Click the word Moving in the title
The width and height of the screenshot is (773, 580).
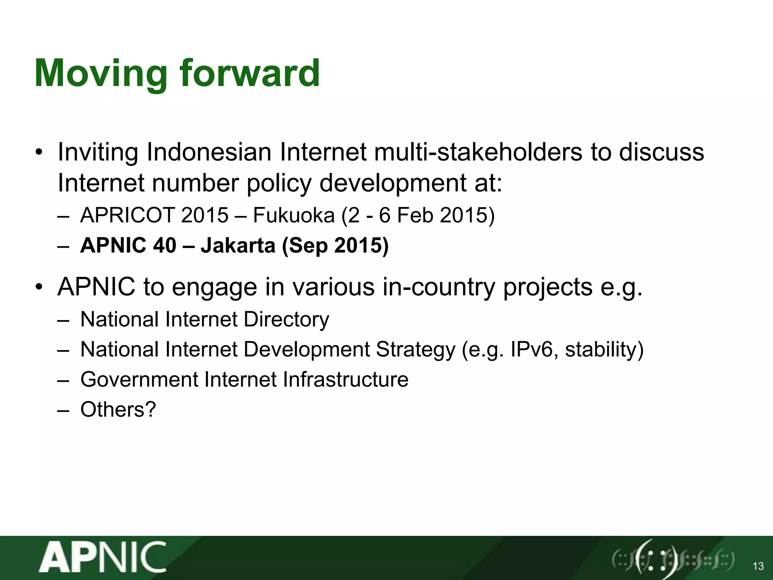[x=100, y=74]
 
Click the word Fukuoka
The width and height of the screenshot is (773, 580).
[x=294, y=215]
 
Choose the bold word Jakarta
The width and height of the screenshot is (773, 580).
[x=238, y=245]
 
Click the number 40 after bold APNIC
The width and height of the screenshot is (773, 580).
[x=165, y=245]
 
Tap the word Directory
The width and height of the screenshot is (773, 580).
[x=286, y=320]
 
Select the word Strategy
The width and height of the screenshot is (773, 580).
[x=416, y=350]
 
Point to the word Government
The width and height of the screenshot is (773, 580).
[x=139, y=379]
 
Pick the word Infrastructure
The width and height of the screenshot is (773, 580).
[x=345, y=379]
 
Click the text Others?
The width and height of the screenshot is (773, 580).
[x=118, y=409]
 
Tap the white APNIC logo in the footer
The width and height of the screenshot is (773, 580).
[x=103, y=558]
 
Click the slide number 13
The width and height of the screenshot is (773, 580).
[x=758, y=566]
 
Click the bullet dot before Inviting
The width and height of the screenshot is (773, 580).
[x=38, y=153]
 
